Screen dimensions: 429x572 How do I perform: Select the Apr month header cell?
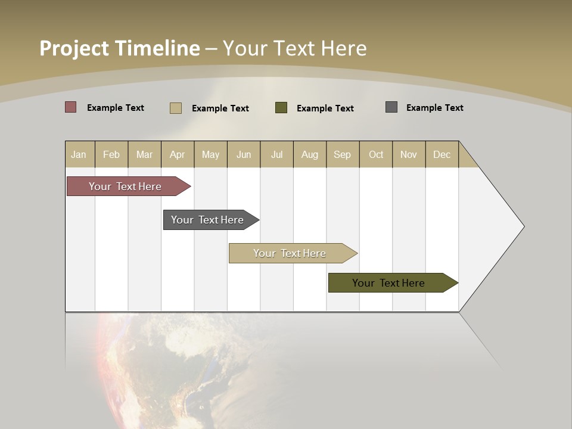pyautogui.click(x=178, y=154)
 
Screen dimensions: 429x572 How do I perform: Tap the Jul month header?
pyautogui.click(x=276, y=154)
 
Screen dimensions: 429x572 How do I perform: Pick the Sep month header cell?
pyautogui.click(x=343, y=154)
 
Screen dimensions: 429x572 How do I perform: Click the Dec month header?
pyautogui.click(x=442, y=154)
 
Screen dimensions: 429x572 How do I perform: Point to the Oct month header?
pyautogui.click(x=376, y=154)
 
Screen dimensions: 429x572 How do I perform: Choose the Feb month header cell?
pyautogui.click(x=111, y=154)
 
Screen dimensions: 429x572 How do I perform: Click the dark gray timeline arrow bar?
pyautogui.click(x=209, y=220)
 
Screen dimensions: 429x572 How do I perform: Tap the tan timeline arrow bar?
pyautogui.click(x=291, y=253)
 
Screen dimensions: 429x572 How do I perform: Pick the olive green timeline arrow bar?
pyautogui.click(x=390, y=283)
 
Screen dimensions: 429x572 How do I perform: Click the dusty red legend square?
pyautogui.click(x=70, y=107)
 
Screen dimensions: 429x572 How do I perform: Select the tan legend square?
pyautogui.click(x=175, y=108)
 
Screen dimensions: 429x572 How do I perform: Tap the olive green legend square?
pyautogui.click(x=281, y=107)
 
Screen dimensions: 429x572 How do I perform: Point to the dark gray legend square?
pyautogui.click(x=391, y=107)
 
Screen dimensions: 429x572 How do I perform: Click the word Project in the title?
pyautogui.click(x=74, y=48)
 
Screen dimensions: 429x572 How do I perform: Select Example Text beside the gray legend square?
pyautogui.click(x=434, y=108)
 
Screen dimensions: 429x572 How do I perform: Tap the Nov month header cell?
pyautogui.click(x=409, y=154)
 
